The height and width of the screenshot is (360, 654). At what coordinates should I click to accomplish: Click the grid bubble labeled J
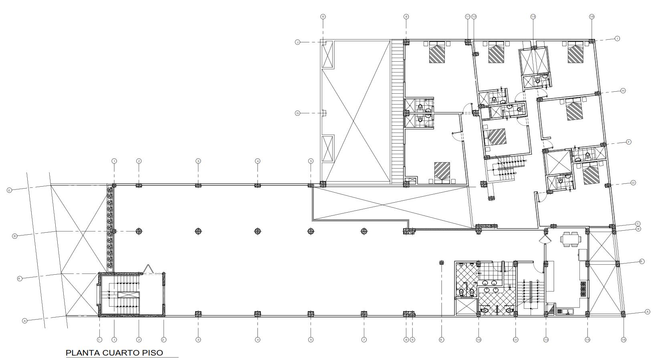coord(298,42)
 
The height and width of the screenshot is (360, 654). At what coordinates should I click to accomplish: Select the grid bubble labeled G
coord(298,113)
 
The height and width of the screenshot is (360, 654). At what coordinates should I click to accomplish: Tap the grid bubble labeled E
coord(9,190)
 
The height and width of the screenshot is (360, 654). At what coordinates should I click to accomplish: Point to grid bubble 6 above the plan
coord(323,17)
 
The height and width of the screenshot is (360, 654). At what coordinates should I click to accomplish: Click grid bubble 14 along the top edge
coord(533,17)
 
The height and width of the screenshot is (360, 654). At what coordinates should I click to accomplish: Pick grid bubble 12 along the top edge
coord(474,17)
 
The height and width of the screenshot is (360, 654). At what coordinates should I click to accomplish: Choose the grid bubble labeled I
coord(618,38)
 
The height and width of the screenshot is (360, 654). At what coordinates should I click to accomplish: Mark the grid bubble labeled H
coord(623,91)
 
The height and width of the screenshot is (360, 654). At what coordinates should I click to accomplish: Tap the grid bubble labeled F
coord(629,142)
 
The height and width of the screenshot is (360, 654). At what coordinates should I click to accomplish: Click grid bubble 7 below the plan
coord(364,340)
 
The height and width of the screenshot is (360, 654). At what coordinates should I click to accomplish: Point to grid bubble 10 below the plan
coord(478,340)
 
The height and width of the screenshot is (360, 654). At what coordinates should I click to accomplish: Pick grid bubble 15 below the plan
coord(587,340)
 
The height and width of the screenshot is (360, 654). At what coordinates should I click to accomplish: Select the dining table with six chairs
coord(571,239)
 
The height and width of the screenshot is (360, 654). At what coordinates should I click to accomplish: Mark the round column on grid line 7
coord(364,231)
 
